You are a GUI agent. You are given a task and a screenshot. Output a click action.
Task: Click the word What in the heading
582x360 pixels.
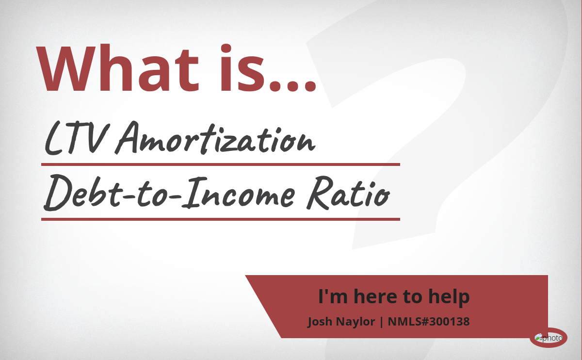pos(117,68)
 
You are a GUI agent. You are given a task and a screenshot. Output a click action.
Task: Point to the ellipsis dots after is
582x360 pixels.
pos(292,86)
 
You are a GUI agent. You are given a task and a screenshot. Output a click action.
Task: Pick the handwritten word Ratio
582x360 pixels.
pos(348,193)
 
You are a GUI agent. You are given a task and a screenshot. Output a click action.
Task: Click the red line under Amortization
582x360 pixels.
pos(221,164)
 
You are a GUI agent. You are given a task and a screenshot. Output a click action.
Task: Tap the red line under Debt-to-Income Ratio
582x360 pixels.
pos(221,219)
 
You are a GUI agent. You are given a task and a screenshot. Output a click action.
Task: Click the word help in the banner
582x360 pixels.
pos(449,297)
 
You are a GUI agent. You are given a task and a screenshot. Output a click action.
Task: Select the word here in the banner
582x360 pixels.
pos(375,296)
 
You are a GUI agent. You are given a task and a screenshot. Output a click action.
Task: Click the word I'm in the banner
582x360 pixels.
pos(333,296)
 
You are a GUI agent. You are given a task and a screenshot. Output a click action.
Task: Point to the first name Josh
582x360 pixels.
pos(320,322)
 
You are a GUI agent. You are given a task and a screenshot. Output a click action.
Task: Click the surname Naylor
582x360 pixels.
pos(356,322)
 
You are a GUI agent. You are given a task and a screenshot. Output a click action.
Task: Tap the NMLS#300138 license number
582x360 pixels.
pos(429,322)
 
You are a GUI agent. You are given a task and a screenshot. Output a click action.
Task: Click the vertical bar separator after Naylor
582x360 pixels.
pos(381,322)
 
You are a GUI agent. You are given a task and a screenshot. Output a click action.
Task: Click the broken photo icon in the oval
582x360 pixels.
pos(539,338)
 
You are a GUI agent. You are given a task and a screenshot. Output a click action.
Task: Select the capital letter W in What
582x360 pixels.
pos(66,68)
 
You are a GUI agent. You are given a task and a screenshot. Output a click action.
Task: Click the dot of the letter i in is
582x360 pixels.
pos(226,49)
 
